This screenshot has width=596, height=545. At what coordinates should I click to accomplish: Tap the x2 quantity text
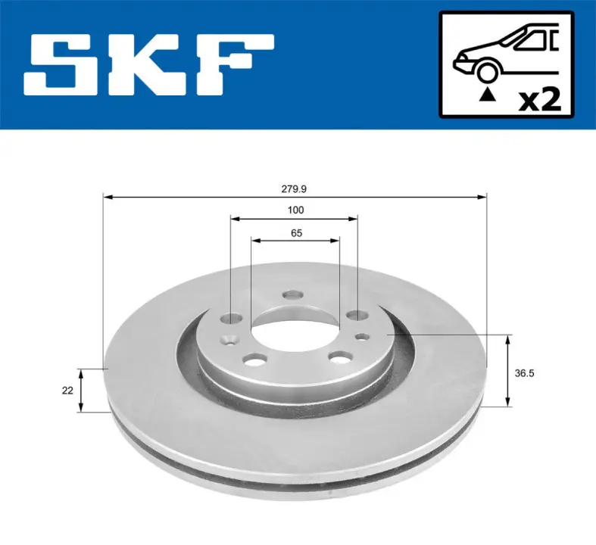pos(540,100)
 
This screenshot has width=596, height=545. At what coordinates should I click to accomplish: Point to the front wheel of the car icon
pos(488,71)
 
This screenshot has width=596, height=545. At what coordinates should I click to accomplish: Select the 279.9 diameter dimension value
pos(294,188)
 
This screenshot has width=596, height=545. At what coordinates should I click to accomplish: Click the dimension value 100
pos(295,210)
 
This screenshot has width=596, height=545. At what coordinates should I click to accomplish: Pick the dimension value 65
pos(296,233)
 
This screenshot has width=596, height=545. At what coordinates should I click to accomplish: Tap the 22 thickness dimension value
pos(67,391)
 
